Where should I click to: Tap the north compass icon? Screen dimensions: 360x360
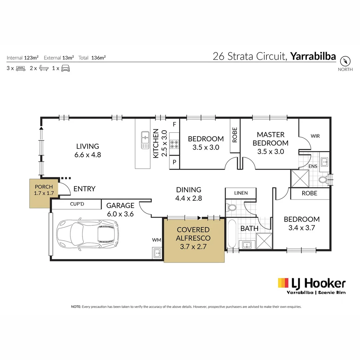pos(345,62)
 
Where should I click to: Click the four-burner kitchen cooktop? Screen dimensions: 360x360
pos(174,144)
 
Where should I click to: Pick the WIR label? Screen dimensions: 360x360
pos(315,136)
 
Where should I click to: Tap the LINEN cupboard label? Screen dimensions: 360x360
pos(241,193)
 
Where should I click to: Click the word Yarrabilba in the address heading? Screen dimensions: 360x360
pos(313,56)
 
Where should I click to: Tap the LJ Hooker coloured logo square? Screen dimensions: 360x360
pos(283,283)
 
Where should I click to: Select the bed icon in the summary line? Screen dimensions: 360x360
pos(21,68)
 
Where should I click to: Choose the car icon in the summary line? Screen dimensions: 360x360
pos(65,68)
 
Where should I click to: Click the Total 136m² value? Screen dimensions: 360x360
pos(98,58)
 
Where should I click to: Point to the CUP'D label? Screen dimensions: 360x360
pos(77,204)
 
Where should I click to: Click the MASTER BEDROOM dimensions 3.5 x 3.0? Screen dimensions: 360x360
pos(270,152)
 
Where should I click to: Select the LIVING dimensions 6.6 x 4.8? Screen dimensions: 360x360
pos(87,155)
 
